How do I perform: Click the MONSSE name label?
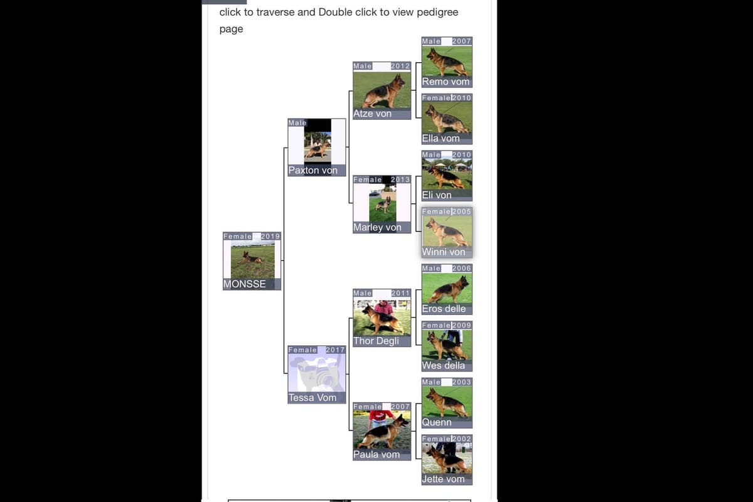(244, 284)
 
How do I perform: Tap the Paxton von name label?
(312, 171)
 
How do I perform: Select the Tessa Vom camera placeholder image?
(317, 373)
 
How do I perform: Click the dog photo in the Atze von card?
(382, 90)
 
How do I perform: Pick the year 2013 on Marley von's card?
(400, 179)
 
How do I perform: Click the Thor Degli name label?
(376, 341)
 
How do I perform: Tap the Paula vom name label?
(376, 454)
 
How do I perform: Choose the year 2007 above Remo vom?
(462, 41)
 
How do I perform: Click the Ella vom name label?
(441, 139)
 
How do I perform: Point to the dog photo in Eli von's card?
(447, 174)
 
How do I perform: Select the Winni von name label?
(444, 252)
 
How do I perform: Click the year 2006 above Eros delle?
(462, 269)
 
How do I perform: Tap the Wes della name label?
(444, 366)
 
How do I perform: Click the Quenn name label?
(437, 423)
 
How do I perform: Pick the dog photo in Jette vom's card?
(447, 458)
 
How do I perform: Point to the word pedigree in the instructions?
(437, 13)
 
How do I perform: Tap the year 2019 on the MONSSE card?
(270, 237)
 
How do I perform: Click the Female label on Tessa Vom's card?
(302, 350)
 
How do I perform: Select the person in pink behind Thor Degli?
(383, 307)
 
